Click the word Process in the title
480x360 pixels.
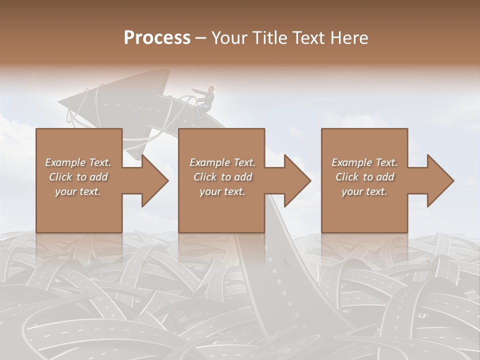[157, 38]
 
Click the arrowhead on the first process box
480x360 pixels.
[154, 180]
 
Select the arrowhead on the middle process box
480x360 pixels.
[296, 180]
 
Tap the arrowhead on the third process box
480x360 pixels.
[439, 180]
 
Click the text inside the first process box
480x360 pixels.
[78, 177]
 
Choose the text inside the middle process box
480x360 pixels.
[222, 177]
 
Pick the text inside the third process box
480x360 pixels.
[364, 177]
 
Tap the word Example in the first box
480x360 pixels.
[65, 162]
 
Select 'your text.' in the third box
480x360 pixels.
[364, 191]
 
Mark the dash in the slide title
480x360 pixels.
[200, 38]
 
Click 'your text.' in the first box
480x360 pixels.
[78, 191]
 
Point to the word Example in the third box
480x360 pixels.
[351, 162]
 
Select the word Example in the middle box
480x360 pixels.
[209, 162]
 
